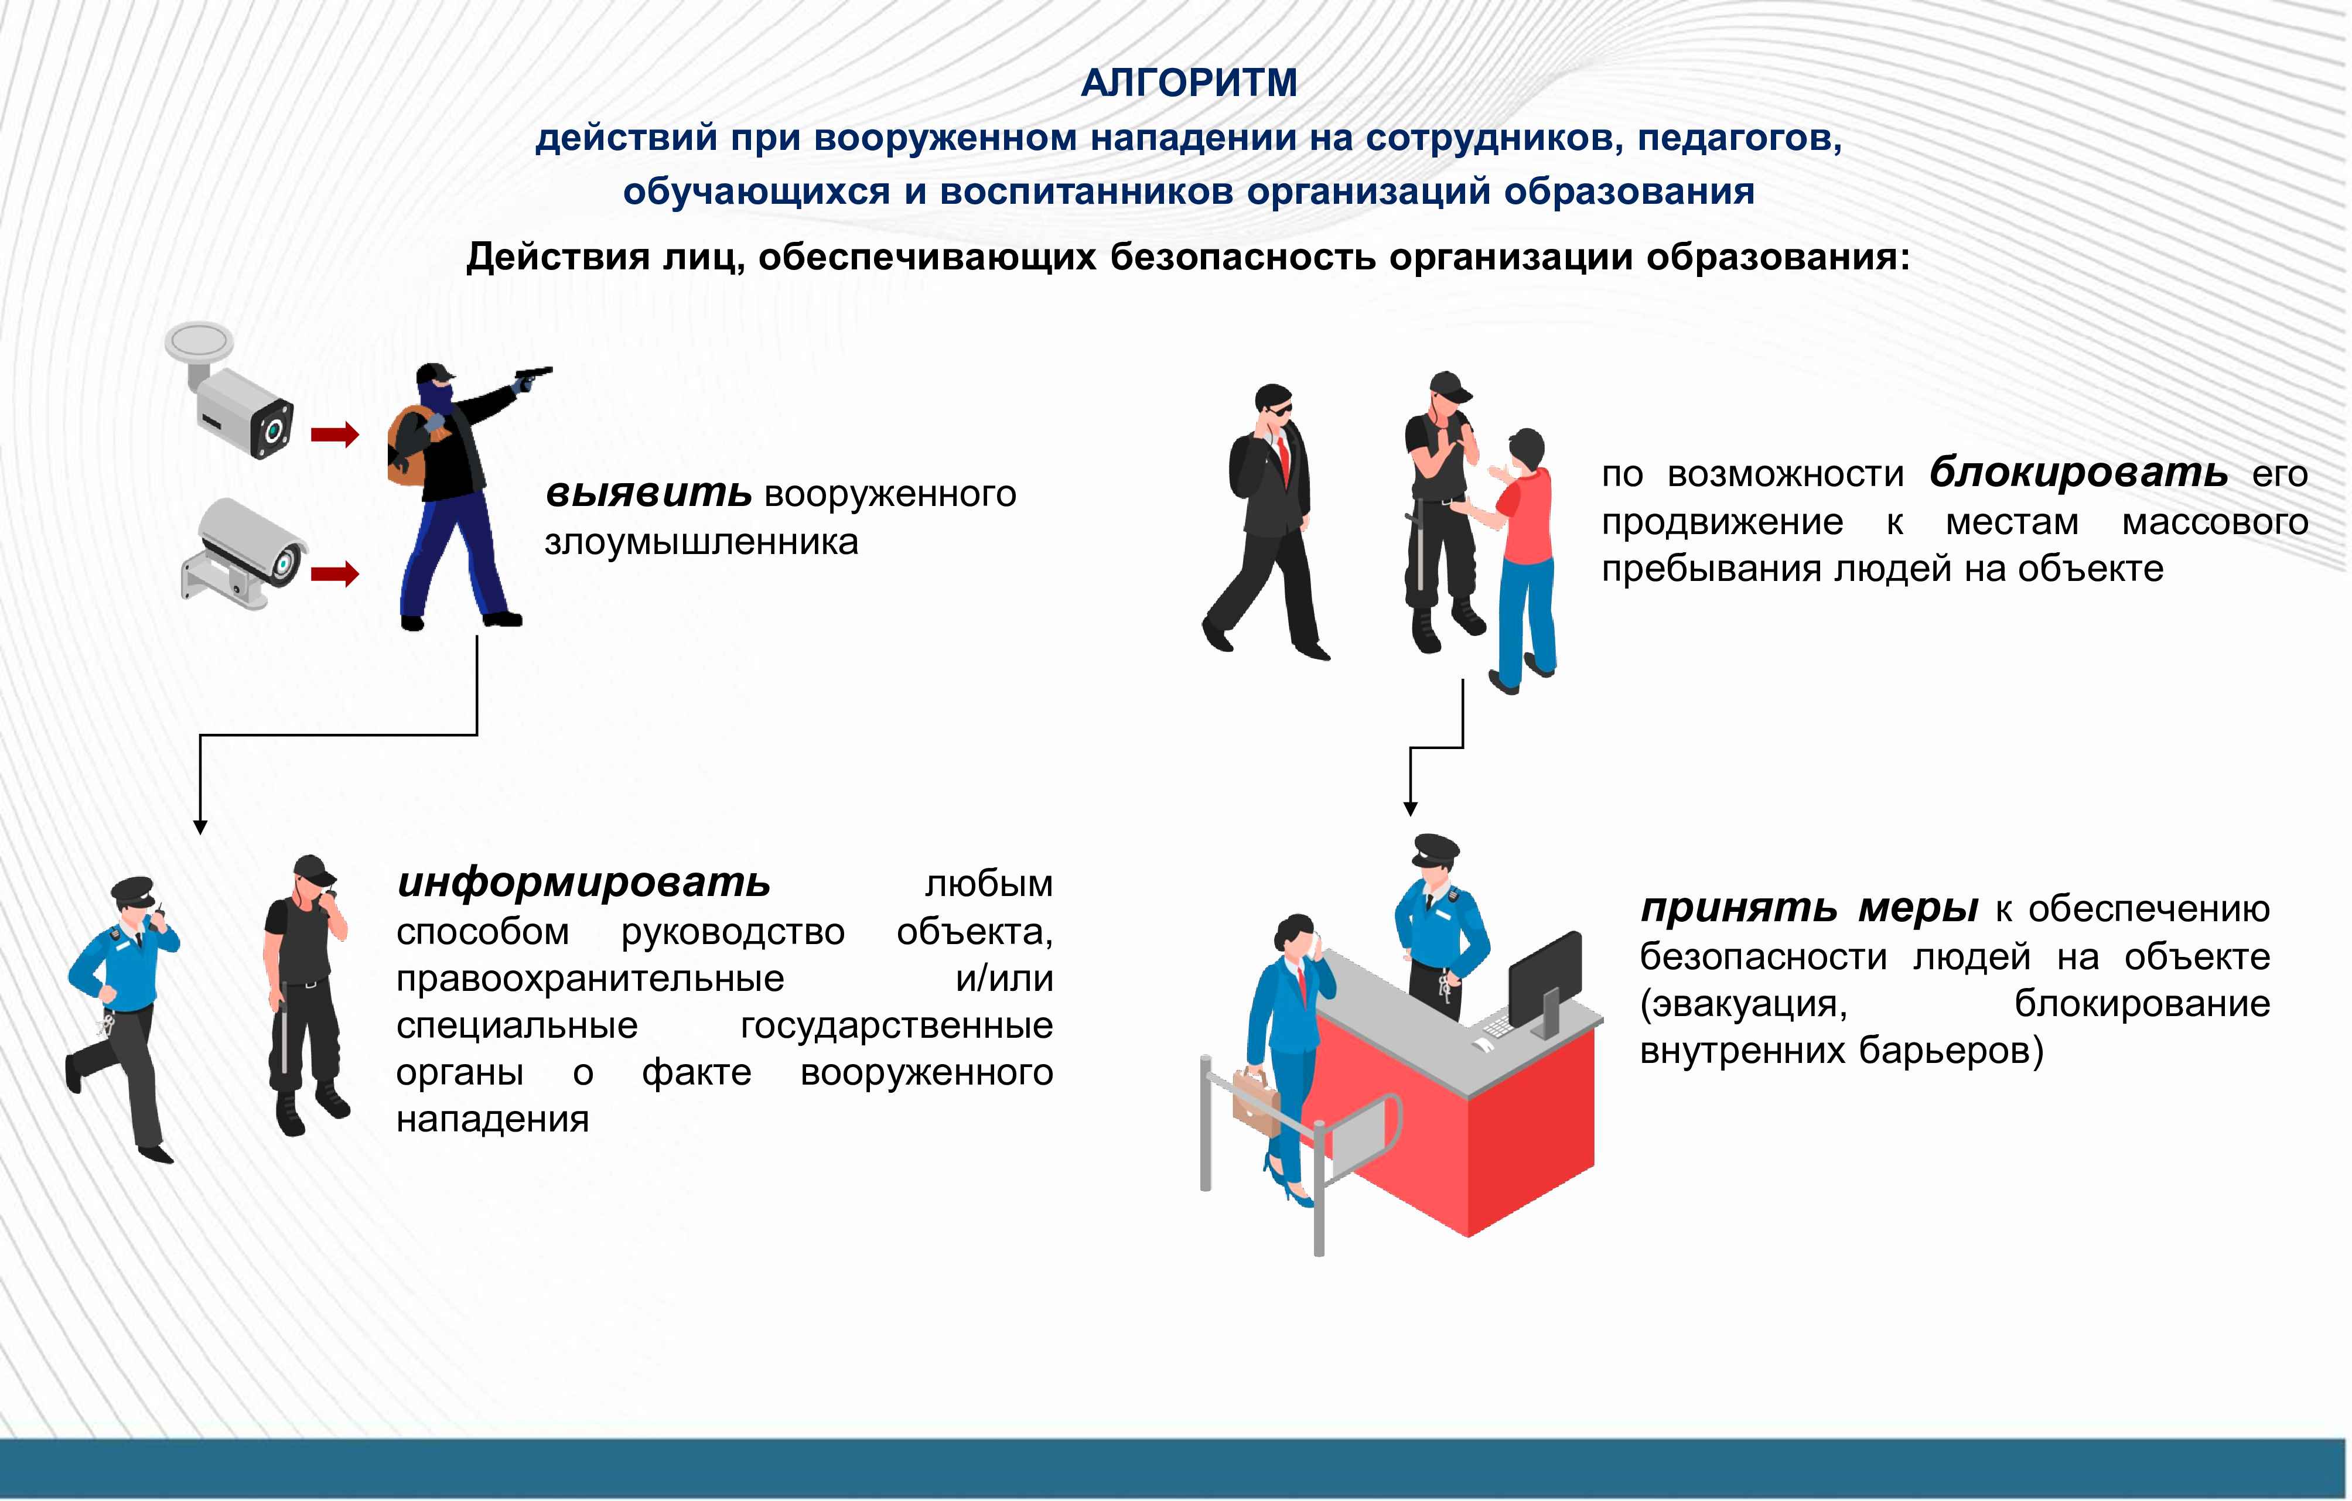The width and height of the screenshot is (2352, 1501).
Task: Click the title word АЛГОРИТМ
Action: (1189, 83)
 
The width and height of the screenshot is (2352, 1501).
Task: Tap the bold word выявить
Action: (647, 493)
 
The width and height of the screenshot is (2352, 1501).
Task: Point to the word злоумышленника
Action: (701, 542)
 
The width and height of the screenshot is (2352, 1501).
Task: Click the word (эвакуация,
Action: (1743, 1004)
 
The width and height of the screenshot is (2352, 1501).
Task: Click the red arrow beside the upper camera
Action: (335, 435)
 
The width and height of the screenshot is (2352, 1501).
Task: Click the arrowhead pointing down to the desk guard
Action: (1409, 809)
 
